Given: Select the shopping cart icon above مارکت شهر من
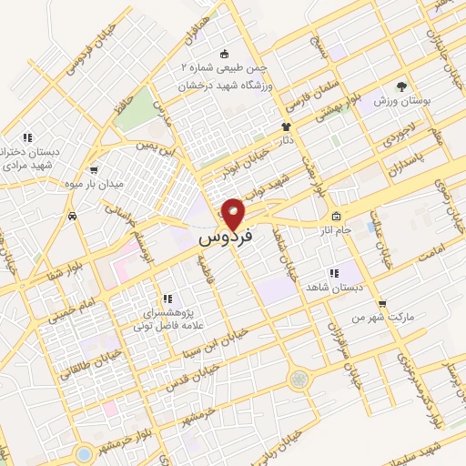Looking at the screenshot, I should click(382, 304).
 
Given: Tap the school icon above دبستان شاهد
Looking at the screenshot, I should click(333, 272).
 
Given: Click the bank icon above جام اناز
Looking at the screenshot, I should click(336, 217).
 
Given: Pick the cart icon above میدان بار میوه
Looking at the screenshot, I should click(95, 169).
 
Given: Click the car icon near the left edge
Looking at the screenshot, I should click(71, 217).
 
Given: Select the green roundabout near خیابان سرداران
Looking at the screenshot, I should click(298, 379).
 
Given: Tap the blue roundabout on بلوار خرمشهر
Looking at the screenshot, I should click(84, 451).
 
